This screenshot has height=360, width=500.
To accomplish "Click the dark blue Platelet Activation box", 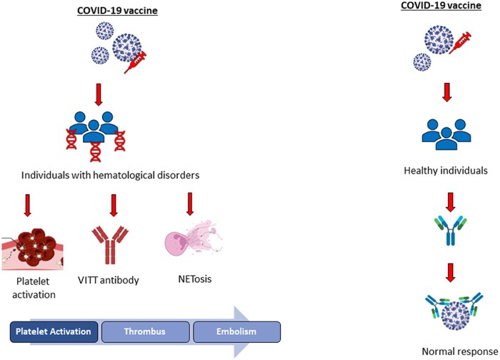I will click(54, 331).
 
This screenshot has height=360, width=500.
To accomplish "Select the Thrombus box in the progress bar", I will click(145, 331).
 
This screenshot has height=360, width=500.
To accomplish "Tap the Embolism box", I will click(236, 331).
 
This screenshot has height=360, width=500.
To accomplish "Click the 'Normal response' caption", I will click(456, 350).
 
